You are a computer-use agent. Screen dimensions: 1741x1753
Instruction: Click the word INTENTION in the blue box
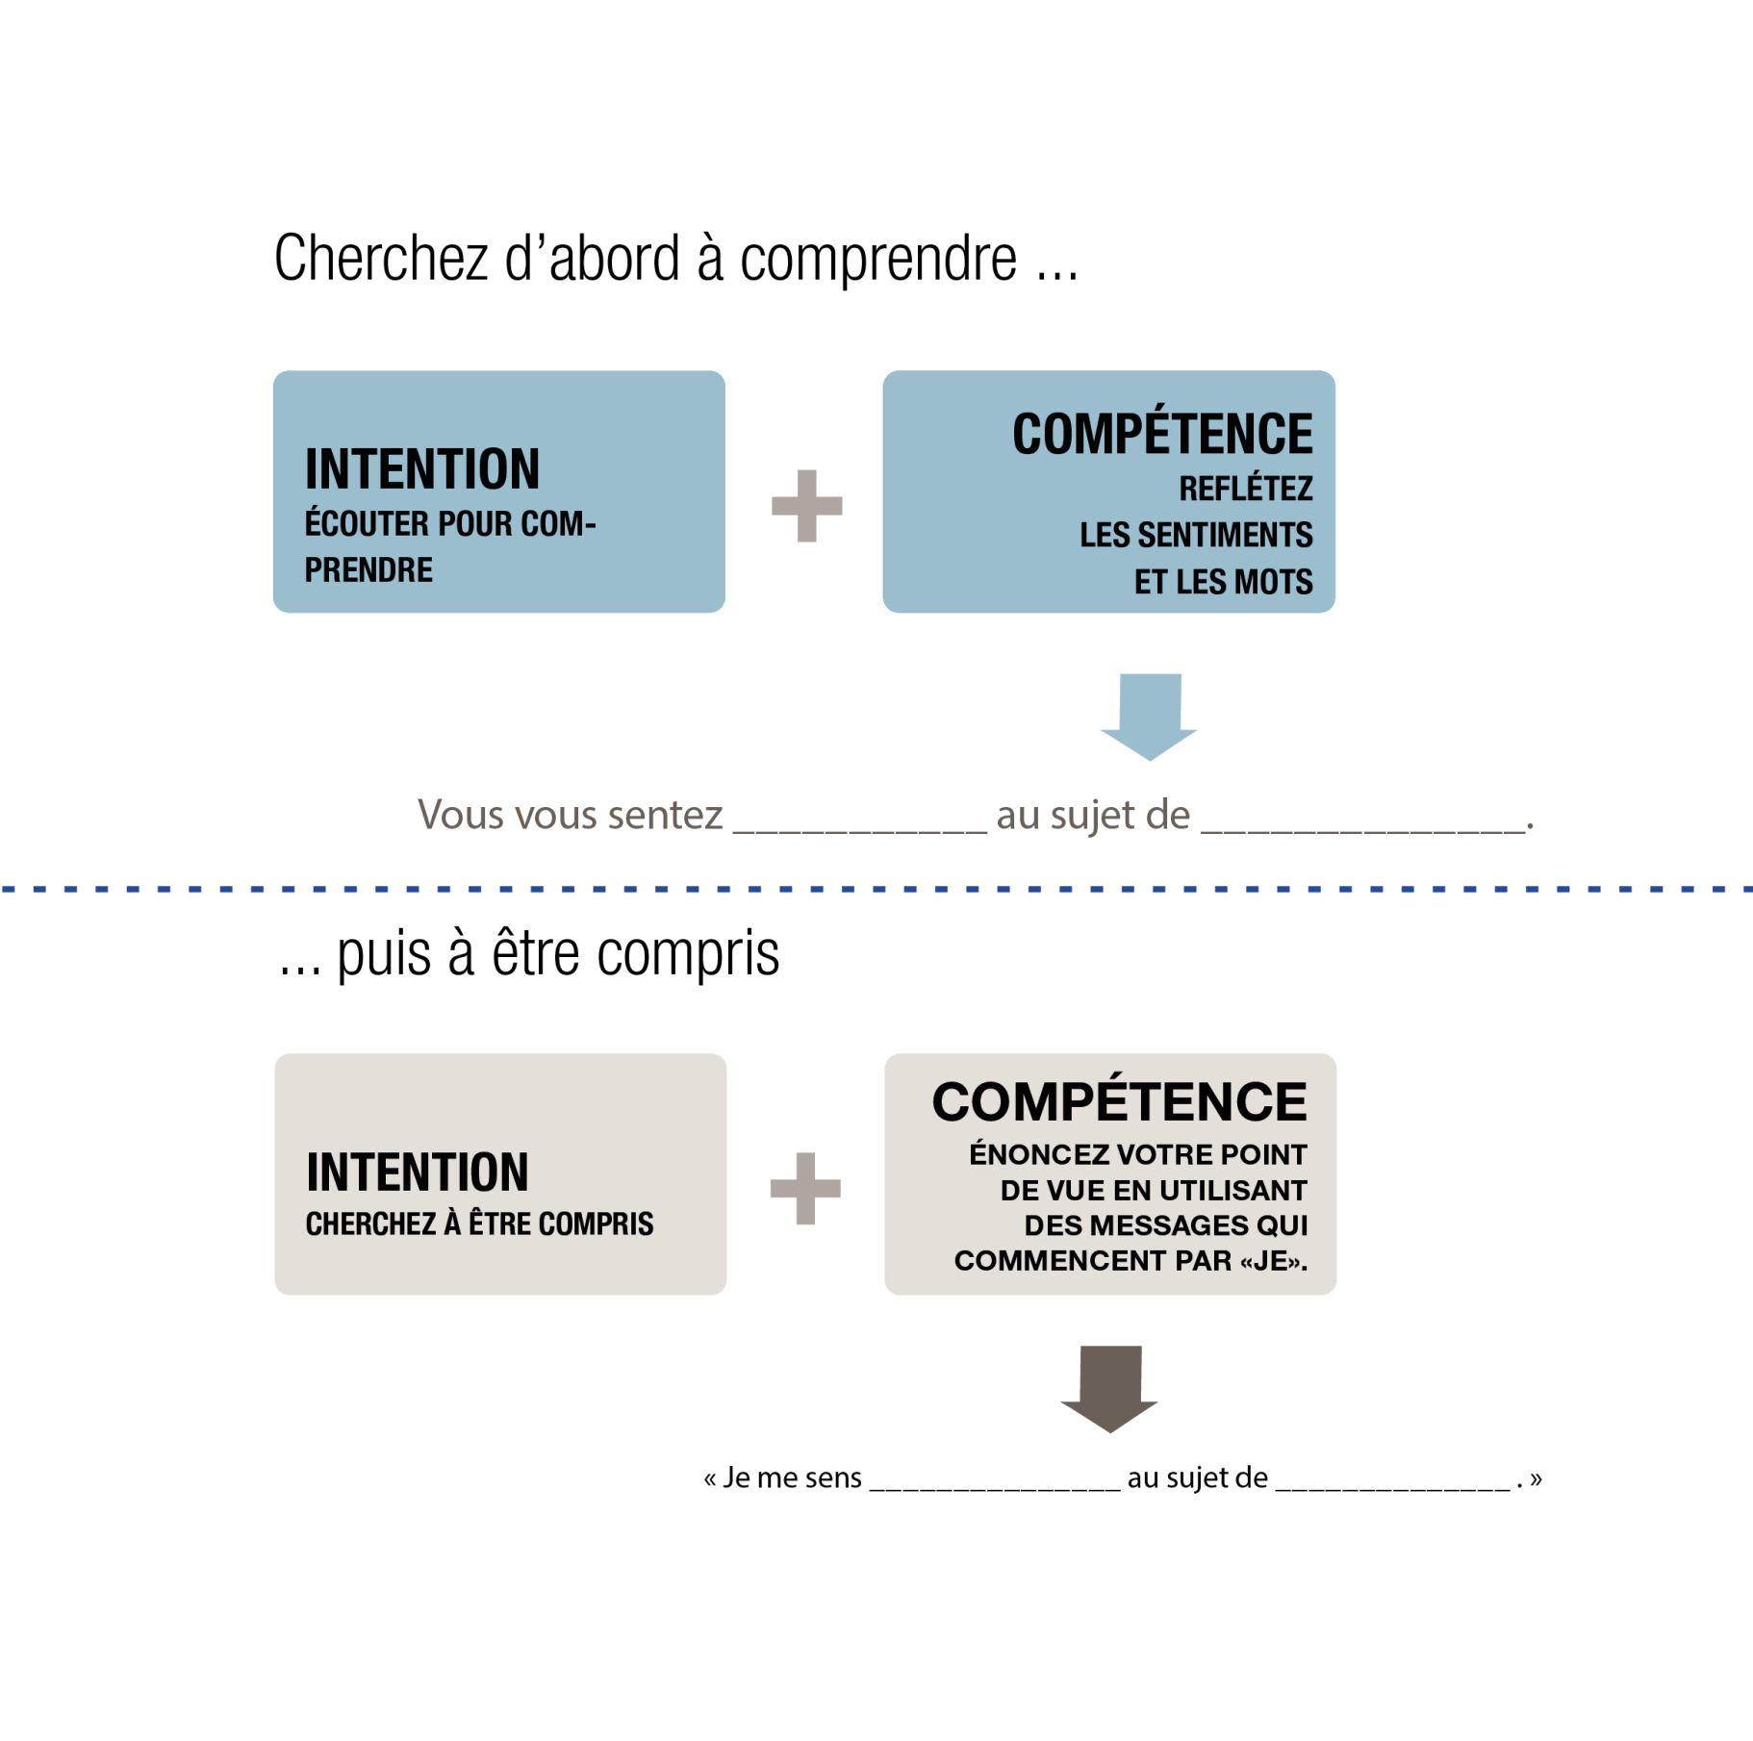(x=422, y=469)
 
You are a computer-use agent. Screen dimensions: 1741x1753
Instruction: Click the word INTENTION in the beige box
(x=418, y=1173)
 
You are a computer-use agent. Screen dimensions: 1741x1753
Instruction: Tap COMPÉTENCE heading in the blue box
(x=1162, y=435)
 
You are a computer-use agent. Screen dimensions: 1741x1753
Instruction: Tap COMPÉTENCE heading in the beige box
(x=1119, y=1102)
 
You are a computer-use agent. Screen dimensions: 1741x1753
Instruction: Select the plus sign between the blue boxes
(x=806, y=506)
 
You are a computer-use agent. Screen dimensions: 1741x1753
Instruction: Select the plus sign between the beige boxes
(x=805, y=1189)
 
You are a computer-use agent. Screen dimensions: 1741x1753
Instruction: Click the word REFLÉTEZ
(x=1246, y=490)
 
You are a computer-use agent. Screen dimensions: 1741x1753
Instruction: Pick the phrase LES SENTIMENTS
(x=1196, y=536)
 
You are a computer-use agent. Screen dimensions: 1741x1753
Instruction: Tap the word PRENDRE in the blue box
(x=368, y=570)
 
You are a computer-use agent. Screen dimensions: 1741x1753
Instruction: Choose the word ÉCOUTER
(x=367, y=524)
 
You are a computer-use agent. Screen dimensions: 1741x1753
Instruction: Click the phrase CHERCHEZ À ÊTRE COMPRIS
(x=479, y=1224)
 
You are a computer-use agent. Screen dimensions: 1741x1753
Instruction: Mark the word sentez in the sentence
(x=665, y=816)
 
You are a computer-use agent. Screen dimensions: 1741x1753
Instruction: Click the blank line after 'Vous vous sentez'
(x=859, y=829)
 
